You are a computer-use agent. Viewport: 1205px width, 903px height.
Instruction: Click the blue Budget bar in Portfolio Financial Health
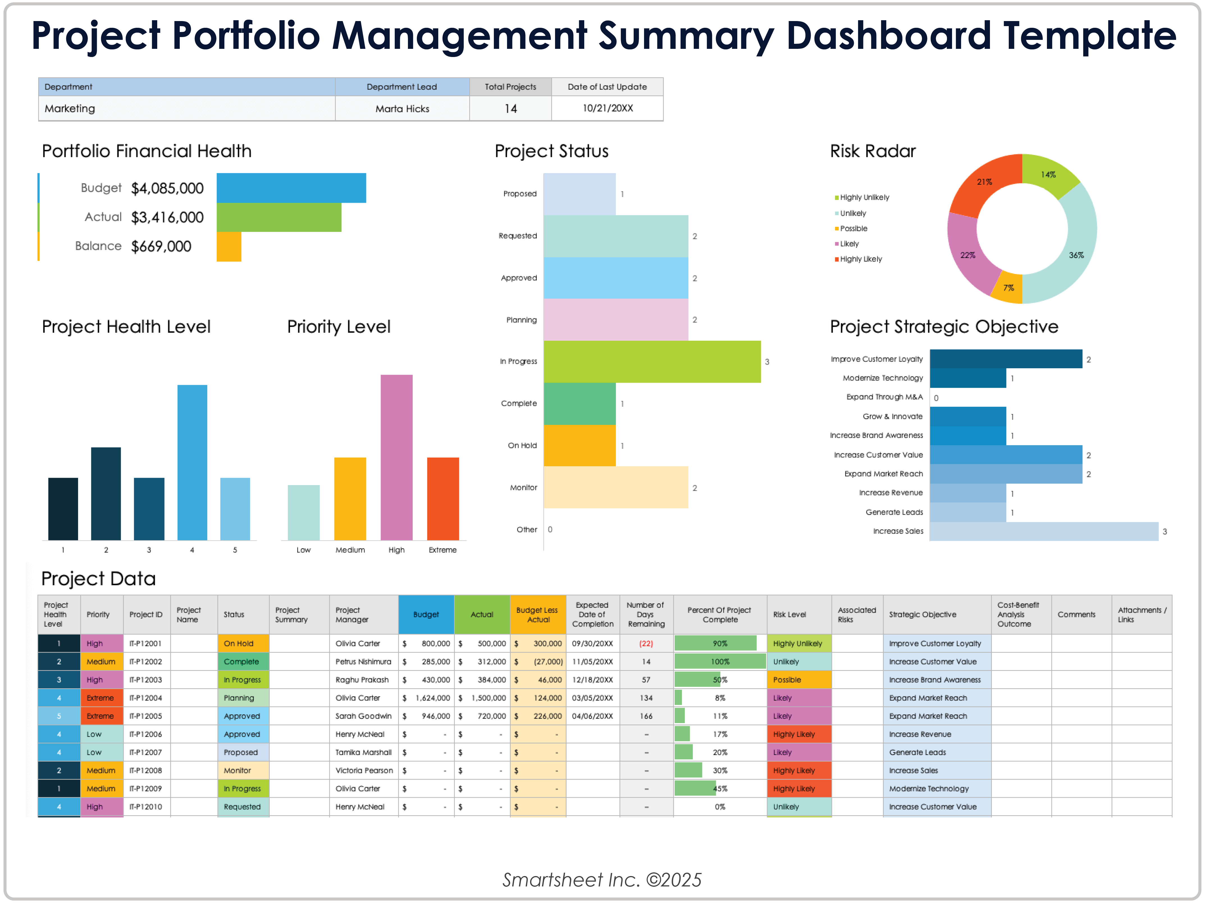point(291,188)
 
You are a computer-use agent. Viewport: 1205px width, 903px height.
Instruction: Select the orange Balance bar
point(229,247)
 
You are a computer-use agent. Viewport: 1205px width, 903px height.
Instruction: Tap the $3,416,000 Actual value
point(167,217)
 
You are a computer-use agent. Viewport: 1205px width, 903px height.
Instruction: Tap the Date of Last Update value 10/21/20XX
point(607,108)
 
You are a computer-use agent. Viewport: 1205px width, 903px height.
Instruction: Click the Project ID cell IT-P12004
point(146,698)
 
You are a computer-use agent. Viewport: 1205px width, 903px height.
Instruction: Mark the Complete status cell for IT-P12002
point(242,662)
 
